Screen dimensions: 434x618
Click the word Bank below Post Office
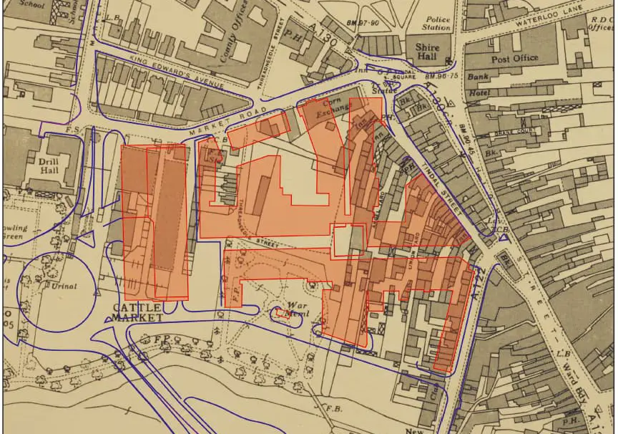coord(477,77)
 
